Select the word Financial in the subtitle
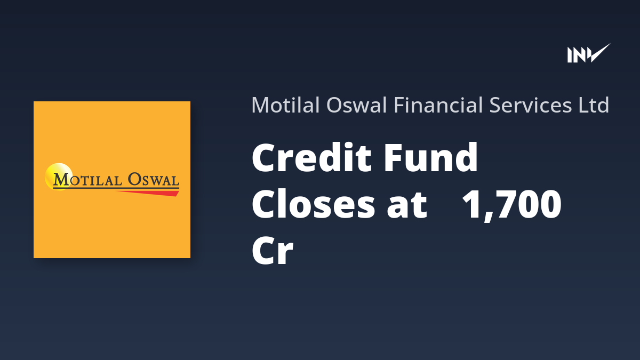pyautogui.click(x=438, y=105)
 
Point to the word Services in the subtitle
pyautogui.click(x=531, y=105)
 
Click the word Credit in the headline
pyautogui.click(x=311, y=157)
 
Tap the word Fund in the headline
pyautogui.click(x=430, y=157)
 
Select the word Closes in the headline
pyautogui.click(x=313, y=205)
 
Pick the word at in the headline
pyautogui.click(x=407, y=206)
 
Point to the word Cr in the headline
pyautogui.click(x=273, y=251)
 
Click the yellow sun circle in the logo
pyautogui.click(x=58, y=177)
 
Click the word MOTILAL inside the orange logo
pyautogui.click(x=87, y=180)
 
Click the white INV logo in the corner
pyautogui.click(x=589, y=53)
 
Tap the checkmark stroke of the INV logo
pyautogui.click(x=599, y=53)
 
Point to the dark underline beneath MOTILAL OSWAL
pyautogui.click(x=116, y=188)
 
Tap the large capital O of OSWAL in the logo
pyautogui.click(x=134, y=179)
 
